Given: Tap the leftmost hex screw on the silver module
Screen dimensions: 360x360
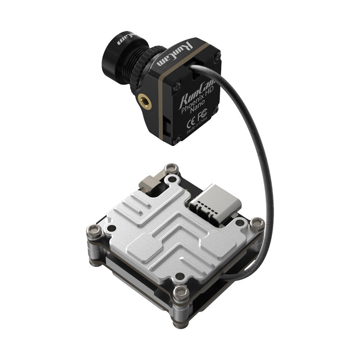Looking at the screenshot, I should [x=93, y=229].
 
